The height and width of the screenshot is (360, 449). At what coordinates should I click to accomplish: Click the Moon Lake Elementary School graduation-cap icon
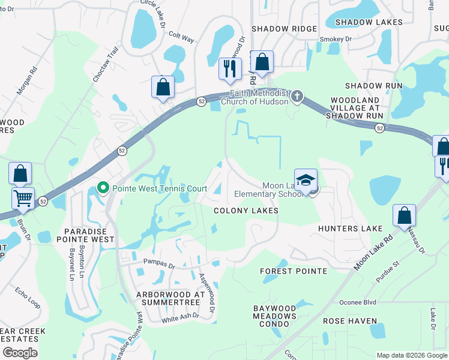[x=306, y=180]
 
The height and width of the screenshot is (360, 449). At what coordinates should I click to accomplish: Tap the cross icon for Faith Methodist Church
[x=297, y=97]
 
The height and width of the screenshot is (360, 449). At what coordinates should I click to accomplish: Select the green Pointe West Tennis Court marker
[x=103, y=188]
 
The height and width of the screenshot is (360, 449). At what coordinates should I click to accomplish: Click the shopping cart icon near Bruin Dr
[x=23, y=197]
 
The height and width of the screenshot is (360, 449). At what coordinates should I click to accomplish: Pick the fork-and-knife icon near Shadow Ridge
[x=229, y=69]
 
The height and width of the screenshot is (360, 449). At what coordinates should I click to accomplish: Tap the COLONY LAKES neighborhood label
[x=246, y=211]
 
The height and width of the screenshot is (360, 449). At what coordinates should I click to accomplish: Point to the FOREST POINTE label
[x=294, y=271]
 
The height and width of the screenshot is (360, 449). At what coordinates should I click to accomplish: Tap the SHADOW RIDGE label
[x=284, y=29]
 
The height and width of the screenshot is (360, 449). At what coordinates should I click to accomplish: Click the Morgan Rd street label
[x=27, y=80]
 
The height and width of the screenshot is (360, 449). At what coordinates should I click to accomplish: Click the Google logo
[x=19, y=353]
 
